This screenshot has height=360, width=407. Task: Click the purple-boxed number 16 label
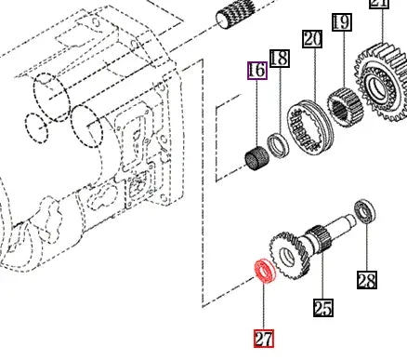pos(256,70)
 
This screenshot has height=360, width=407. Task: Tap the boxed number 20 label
pos(311,39)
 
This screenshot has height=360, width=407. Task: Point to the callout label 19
pos(341,20)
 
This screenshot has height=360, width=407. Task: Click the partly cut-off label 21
pos(378,4)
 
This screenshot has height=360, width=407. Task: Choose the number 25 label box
pos(322,308)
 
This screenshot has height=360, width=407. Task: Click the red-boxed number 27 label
pos(263,338)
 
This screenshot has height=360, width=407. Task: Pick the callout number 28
pos(367,279)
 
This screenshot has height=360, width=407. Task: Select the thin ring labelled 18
pos(276,143)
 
